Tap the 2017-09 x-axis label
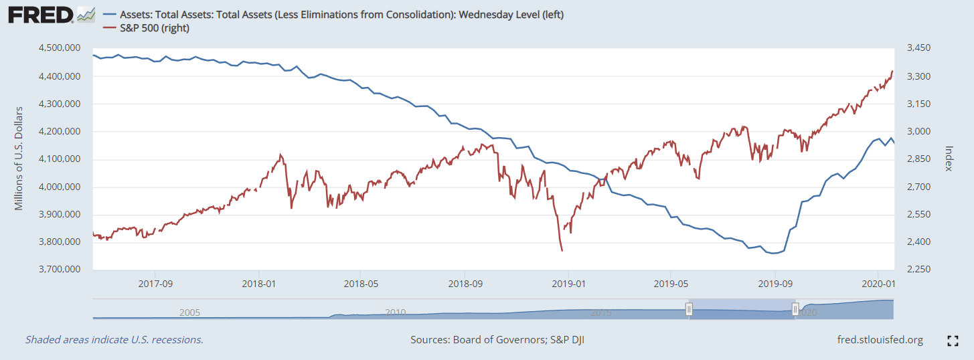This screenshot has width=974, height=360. coord(155,283)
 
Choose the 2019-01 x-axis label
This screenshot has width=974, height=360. coord(568,283)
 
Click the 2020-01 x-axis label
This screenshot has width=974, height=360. coord(878,283)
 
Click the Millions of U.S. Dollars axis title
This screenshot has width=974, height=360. coord(19,159)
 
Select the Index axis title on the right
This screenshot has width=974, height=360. coord(948,159)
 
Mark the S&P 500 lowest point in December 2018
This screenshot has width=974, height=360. coord(562,251)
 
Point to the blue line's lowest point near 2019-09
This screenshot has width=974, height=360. coord(774,254)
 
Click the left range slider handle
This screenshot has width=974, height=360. coord(688,309)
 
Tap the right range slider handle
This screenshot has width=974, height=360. coord(795,309)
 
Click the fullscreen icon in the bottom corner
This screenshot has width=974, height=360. coord(953,341)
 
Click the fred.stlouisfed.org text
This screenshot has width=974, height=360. coord(880,340)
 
